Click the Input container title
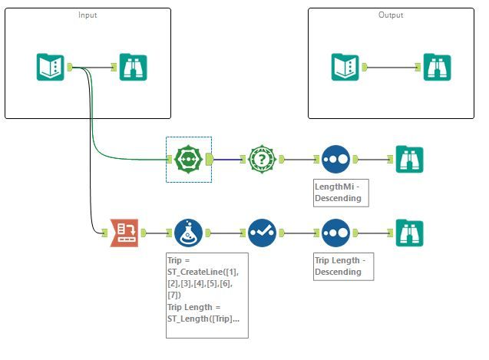(88, 15)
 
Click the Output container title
(392, 15)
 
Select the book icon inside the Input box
(51, 67)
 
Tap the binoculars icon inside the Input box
(133, 67)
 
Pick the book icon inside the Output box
(345, 67)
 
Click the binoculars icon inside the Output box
(437, 67)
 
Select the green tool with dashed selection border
(188, 160)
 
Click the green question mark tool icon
(262, 160)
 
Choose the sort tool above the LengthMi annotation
(335, 160)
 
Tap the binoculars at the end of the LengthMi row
(409, 160)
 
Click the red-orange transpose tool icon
(124, 233)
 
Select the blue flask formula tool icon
(188, 233)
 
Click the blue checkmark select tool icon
(262, 233)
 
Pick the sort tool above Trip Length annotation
(335, 233)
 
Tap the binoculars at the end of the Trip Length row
(409, 233)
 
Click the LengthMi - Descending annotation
(337, 193)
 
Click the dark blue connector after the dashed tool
(227, 160)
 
